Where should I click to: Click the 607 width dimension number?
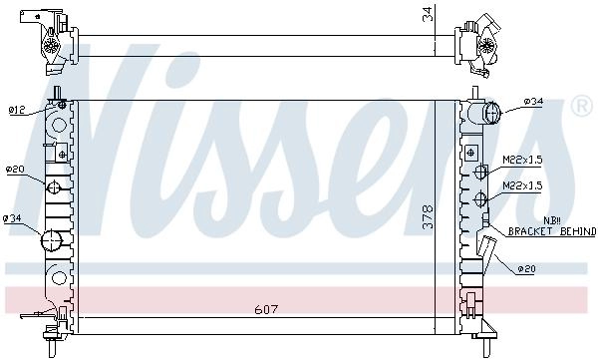point(266,309)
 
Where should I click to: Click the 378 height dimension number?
point(429,216)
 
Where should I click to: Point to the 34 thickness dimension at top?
point(429,14)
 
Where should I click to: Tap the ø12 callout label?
point(17,111)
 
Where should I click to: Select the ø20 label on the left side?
point(15,170)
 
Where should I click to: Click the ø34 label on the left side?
point(12,218)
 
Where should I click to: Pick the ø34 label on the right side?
point(533,102)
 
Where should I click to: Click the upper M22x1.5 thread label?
point(522,160)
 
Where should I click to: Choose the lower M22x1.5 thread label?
point(522,185)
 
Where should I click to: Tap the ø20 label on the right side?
point(526,269)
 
